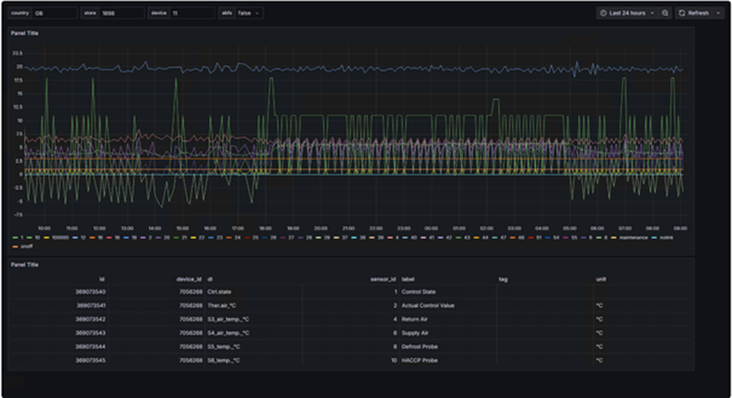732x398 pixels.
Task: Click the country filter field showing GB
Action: (x=55, y=13)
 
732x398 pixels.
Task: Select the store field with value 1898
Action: (x=121, y=13)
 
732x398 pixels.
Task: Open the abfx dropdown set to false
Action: (x=249, y=13)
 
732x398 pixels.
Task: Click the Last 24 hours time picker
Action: (x=627, y=13)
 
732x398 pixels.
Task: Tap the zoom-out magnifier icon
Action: (x=665, y=13)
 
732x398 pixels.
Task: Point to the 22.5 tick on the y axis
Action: (x=18, y=53)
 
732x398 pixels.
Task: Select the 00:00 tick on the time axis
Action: (x=431, y=229)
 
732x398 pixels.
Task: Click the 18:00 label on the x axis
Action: (x=266, y=229)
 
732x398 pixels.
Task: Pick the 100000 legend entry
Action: (x=60, y=238)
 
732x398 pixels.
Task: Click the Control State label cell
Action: (x=418, y=292)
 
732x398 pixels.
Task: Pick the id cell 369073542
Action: (x=90, y=319)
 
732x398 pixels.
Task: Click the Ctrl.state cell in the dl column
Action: (x=219, y=292)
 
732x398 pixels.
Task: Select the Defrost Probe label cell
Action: (x=420, y=347)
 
